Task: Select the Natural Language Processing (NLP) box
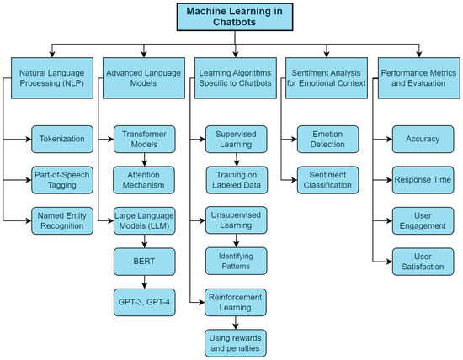[x=51, y=79]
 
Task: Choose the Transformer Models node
[x=142, y=137]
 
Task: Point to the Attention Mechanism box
[x=142, y=179]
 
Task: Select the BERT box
[x=142, y=262]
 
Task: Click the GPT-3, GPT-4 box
[x=142, y=301]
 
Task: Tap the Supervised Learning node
[x=237, y=137]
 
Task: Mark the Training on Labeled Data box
[x=237, y=178]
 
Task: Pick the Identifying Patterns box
[x=237, y=260]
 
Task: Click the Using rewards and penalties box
[x=237, y=341]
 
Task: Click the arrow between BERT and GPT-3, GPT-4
[x=142, y=281]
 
